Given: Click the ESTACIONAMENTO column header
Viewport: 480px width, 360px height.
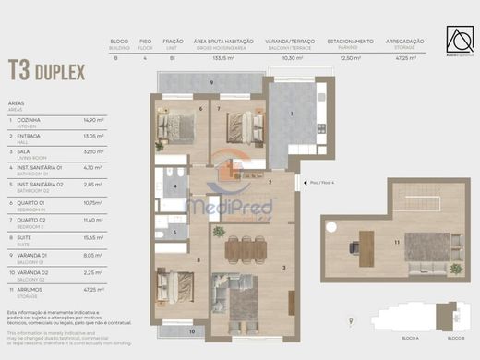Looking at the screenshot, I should click(x=351, y=42).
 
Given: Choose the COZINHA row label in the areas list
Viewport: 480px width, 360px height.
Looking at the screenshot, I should click(x=29, y=118).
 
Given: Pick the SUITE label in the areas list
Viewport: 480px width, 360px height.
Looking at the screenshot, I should click(x=25, y=235).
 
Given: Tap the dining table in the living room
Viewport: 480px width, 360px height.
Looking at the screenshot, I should click(x=245, y=246).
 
